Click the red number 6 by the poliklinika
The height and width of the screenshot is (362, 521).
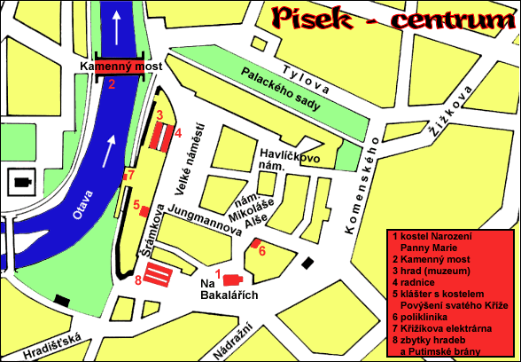coord(261,251)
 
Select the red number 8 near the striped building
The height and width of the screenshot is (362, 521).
coord(138,281)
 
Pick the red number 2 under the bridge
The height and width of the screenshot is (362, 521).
coord(113,85)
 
